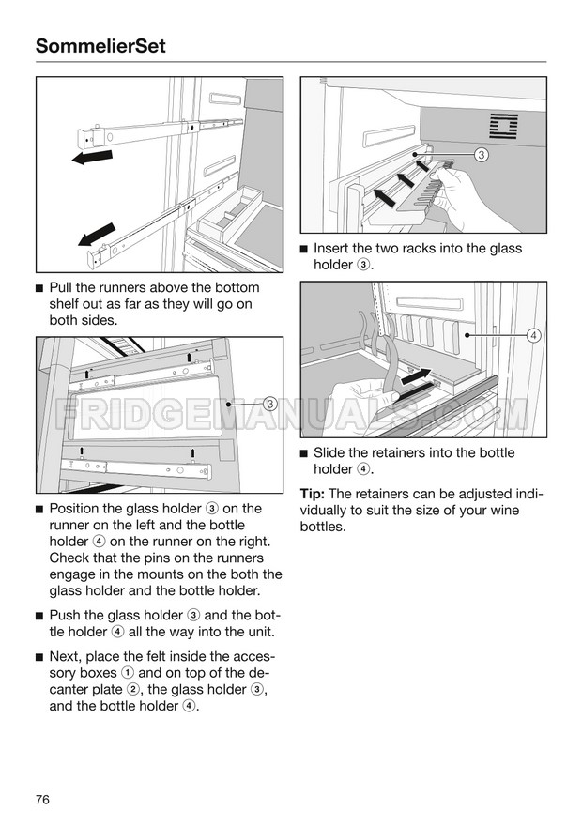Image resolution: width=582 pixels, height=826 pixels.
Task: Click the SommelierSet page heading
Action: tap(100, 44)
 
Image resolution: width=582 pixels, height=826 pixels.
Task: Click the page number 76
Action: tap(42, 799)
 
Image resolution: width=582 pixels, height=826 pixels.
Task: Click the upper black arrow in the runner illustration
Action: tap(91, 157)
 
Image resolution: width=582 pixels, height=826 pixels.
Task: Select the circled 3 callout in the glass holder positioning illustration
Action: tap(268, 405)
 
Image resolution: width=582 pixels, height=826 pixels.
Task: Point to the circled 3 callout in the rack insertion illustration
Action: tap(481, 154)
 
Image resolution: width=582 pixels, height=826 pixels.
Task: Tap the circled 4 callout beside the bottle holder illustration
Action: tap(533, 335)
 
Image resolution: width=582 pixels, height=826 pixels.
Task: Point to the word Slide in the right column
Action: tap(329, 452)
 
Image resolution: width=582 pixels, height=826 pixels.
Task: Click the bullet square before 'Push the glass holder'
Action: tap(38, 615)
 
